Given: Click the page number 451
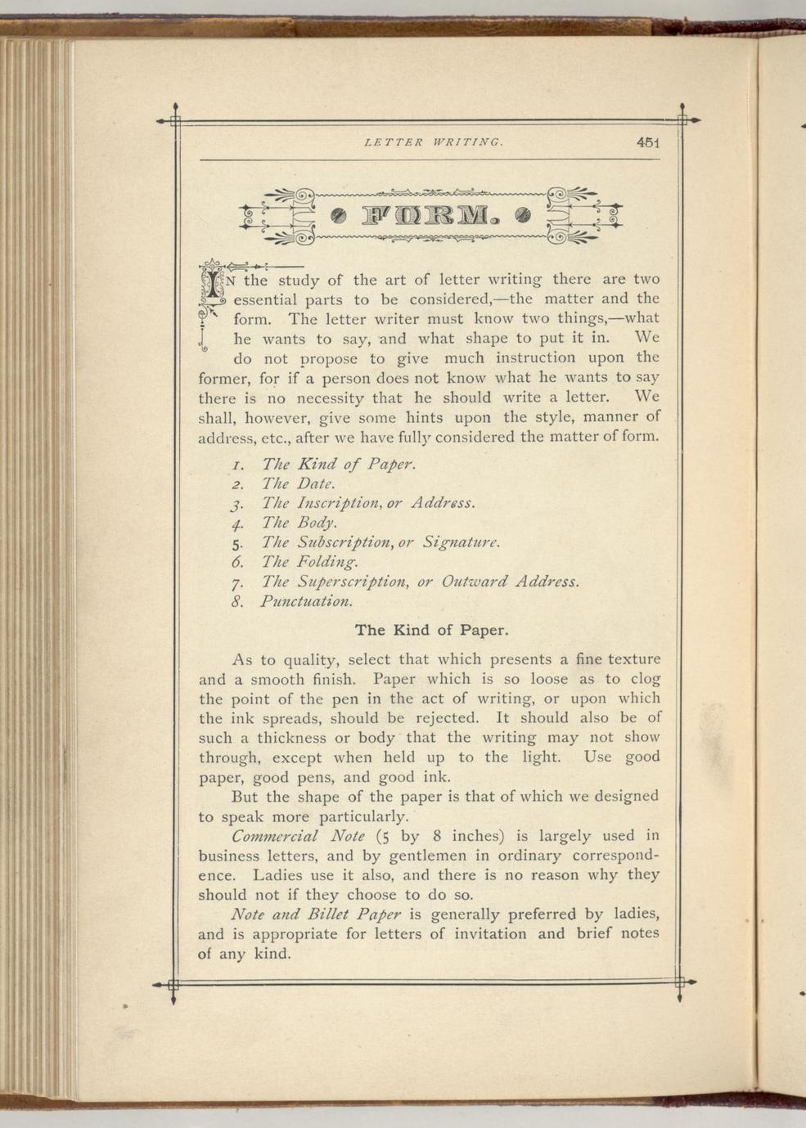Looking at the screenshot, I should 647,142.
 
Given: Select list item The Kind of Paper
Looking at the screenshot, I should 339,465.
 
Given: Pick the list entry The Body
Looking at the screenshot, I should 299,523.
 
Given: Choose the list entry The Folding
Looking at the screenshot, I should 310,562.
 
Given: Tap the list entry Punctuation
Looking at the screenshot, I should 307,602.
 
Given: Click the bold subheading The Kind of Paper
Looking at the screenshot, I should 431,631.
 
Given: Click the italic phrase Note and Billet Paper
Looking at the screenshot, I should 316,915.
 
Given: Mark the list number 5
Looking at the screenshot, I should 236,543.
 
